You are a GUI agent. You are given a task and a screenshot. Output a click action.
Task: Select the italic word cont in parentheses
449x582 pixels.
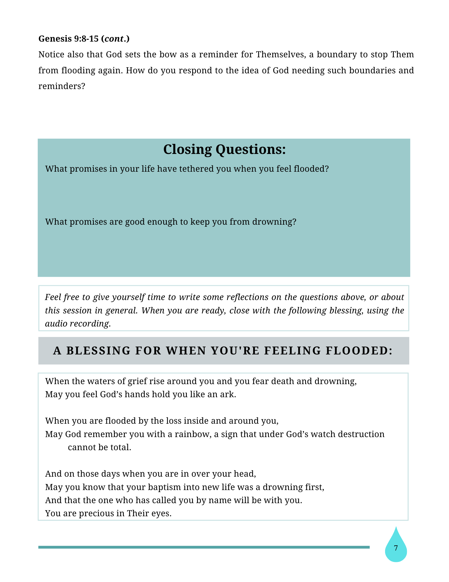coord(114,39)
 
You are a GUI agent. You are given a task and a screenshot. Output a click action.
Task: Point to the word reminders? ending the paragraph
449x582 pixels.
coord(62,86)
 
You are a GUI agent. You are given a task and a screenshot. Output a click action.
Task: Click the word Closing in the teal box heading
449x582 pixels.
coord(187,149)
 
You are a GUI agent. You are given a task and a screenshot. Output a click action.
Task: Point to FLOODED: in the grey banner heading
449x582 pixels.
coord(359,351)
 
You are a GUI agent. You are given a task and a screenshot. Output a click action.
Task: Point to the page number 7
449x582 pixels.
coord(396,548)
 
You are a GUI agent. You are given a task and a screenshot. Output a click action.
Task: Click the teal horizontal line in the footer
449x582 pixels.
coord(203,547)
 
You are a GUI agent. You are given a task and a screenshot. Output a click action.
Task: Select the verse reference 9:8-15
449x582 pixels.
coord(86,39)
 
